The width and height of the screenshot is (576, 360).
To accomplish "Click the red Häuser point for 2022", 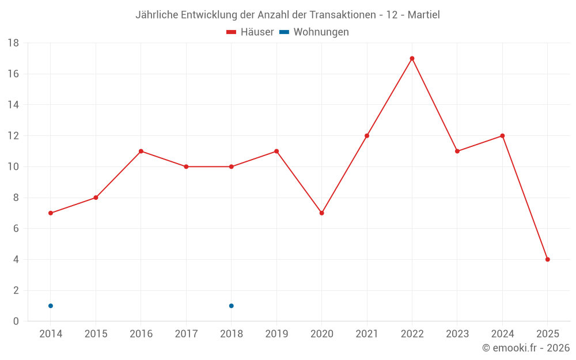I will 412,58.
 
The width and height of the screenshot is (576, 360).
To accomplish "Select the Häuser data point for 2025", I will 548,259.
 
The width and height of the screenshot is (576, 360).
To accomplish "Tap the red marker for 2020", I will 321,213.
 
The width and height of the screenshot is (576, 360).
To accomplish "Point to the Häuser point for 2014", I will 51,213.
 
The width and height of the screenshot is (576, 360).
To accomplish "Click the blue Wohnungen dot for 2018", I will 231,306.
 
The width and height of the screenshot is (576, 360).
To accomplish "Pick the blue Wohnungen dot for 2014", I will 51,306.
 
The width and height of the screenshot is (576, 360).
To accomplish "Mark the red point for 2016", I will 141,151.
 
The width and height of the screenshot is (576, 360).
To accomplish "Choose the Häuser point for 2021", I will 367,136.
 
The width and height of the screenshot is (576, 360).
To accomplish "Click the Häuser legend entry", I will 250,32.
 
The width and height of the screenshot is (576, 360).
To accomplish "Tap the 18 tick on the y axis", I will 13,43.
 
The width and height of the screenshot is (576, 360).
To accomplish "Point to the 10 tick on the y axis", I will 13,167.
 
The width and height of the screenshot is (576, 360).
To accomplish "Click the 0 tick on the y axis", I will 16,321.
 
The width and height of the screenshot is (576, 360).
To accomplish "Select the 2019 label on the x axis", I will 276,334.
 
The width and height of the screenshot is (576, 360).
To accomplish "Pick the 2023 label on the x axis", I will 457,334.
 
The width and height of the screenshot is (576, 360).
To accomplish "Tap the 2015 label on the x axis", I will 96,334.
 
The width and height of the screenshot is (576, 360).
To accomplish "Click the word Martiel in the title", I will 423,15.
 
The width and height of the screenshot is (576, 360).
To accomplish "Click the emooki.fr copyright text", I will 526,348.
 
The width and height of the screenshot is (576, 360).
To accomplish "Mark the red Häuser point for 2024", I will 502,136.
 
